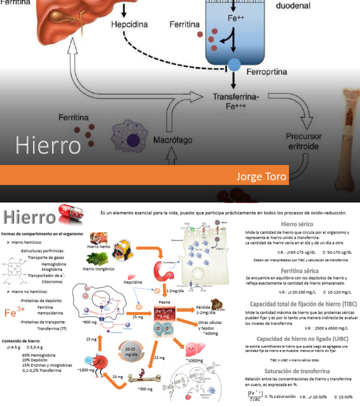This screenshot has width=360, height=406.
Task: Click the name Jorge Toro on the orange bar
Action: pyautogui.click(x=261, y=177)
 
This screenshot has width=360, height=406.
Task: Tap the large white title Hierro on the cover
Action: pyautogui.click(x=48, y=145)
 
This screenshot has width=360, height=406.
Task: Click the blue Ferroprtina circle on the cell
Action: pyautogui.click(x=233, y=64)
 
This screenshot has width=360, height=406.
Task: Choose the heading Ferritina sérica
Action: pyautogui.click(x=300, y=271)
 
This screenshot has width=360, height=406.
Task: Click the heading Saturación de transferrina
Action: pyautogui.click(x=300, y=371)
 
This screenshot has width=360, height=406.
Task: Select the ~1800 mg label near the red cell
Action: pyautogui.click(x=86, y=370)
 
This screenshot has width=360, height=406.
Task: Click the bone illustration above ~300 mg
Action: pyautogui.click(x=146, y=376)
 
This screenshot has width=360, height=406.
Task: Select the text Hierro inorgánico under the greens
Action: pyautogui.click(x=99, y=269)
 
